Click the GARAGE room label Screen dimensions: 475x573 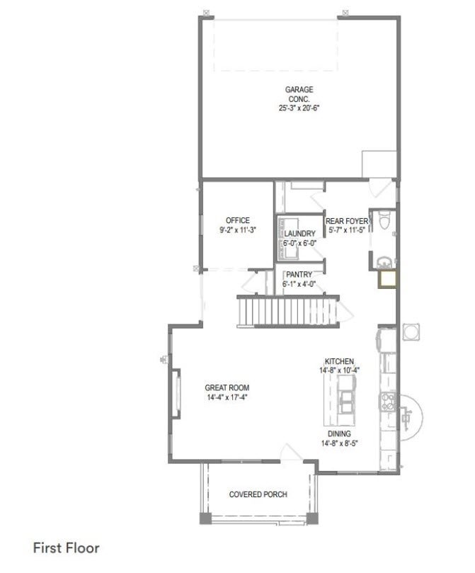(299, 89)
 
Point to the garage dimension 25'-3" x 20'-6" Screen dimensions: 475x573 (299, 108)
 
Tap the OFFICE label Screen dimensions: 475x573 (238, 220)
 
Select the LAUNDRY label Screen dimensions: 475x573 (299, 234)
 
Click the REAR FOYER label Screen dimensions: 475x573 (347, 221)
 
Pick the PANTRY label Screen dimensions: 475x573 (299, 274)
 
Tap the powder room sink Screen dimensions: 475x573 (384, 262)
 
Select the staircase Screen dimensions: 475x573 (288, 312)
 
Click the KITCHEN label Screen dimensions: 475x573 (339, 361)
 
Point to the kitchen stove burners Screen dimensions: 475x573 (388, 401)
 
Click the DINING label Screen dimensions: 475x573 (339, 433)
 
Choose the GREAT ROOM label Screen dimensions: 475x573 (227, 387)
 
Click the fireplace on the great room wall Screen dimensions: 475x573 (176, 394)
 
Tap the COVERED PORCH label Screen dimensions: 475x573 (258, 494)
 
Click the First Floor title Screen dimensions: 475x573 (66, 548)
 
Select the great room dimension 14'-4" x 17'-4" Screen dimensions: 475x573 (227, 397)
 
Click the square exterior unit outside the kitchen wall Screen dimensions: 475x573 (411, 332)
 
